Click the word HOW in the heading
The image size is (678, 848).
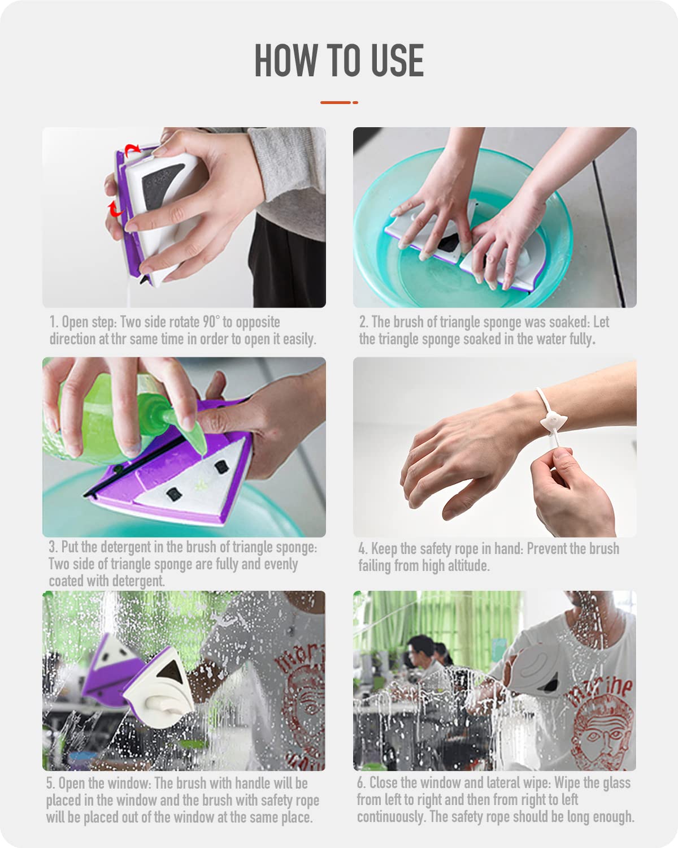pos(286,60)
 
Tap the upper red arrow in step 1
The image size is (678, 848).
pos(132,149)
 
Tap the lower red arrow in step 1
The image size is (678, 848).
pos(115,209)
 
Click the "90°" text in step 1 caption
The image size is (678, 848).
pos(210,322)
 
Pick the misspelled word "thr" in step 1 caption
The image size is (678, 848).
pos(119,339)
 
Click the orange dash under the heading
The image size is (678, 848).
pos(339,102)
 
